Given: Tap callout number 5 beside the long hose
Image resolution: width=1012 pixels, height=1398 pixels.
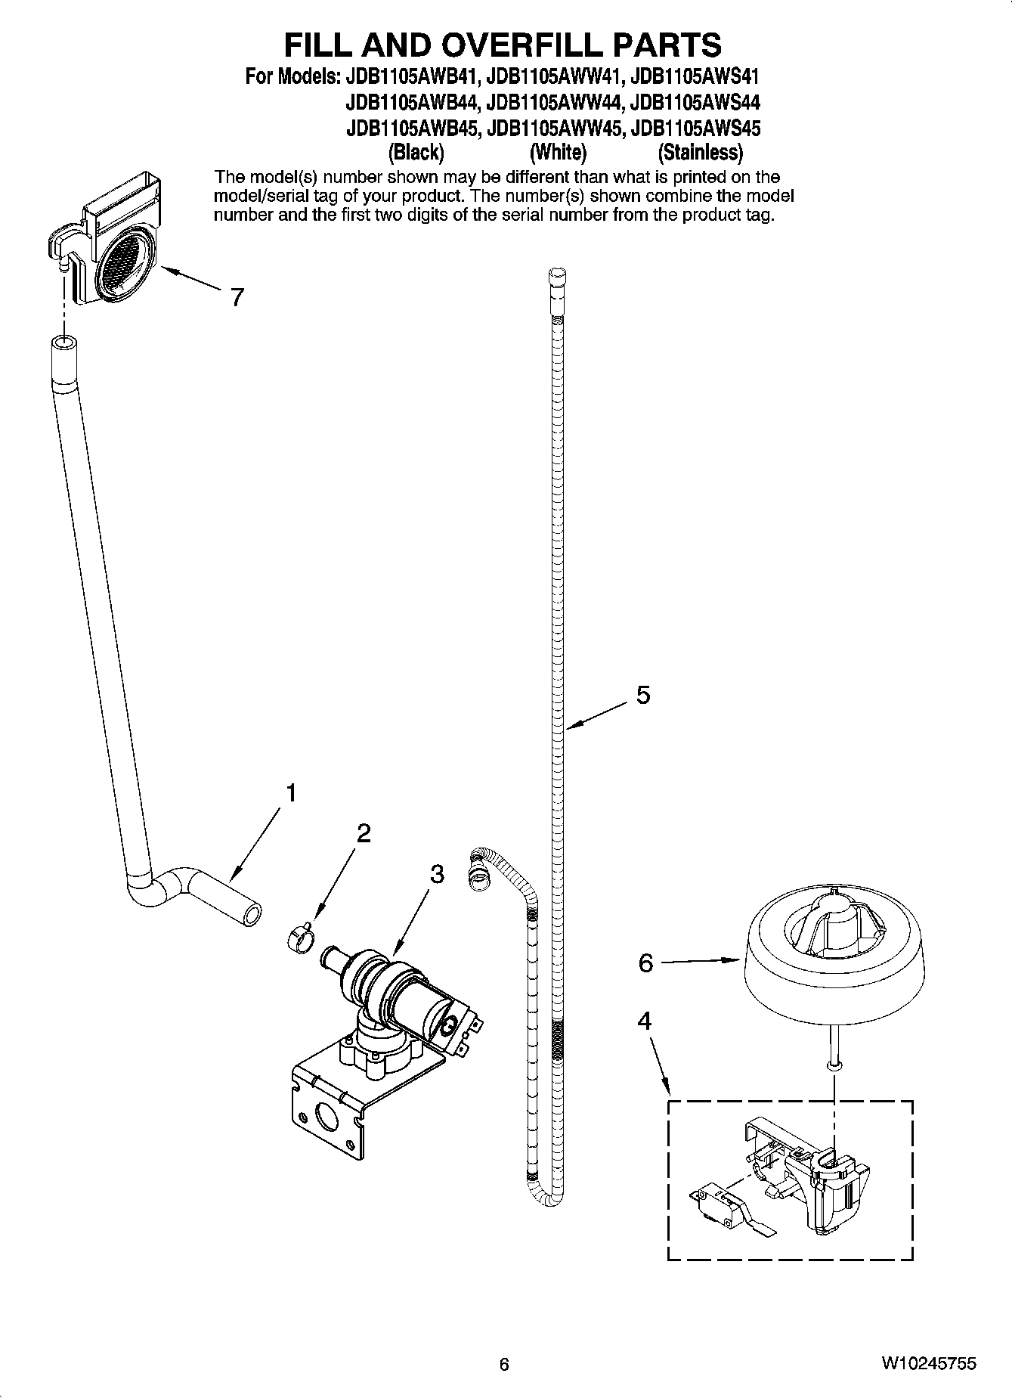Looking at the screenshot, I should pos(642,694).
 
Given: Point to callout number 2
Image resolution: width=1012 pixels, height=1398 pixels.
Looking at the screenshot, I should pos(364,833).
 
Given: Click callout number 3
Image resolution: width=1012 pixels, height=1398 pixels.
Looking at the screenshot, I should pos(437,874).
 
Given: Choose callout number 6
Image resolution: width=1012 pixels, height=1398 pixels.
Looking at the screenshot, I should pos(645,963).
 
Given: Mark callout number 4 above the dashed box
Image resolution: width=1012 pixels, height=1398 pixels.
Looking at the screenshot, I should pos(644,1021).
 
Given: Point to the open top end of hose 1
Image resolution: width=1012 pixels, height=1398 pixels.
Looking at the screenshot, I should pos(63,345).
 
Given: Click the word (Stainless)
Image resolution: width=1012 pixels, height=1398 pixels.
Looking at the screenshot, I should pos(700,153).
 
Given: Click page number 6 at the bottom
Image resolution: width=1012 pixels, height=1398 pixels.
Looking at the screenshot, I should pos(504,1364).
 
